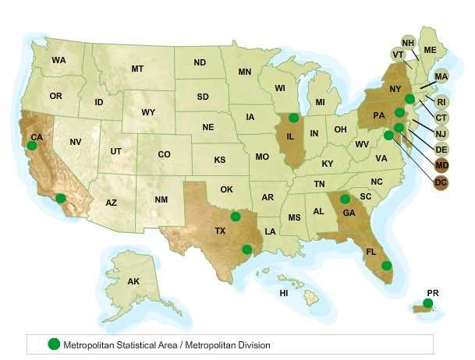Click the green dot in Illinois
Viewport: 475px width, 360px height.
click(x=294, y=118)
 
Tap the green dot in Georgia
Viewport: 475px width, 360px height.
click(x=345, y=199)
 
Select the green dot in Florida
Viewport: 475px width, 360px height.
click(x=386, y=265)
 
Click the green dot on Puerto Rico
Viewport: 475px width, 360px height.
click(x=427, y=303)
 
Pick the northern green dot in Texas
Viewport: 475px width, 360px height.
click(x=236, y=216)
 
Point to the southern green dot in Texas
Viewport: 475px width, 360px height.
click(x=246, y=249)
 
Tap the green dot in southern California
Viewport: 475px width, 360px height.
click(x=61, y=198)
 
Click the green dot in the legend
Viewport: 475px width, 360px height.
click(x=54, y=344)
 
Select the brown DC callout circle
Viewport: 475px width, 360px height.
click(x=441, y=182)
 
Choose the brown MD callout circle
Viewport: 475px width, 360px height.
click(x=441, y=165)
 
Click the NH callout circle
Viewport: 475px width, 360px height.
click(x=408, y=42)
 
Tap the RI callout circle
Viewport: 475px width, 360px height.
click(x=441, y=101)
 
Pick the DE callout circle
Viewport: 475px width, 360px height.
click(x=441, y=149)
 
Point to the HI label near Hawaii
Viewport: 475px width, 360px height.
click(x=284, y=293)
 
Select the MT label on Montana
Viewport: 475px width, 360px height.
click(x=137, y=69)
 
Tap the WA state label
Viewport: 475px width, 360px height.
click(x=58, y=60)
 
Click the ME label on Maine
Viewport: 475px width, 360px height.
click(x=430, y=50)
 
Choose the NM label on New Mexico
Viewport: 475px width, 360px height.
click(x=161, y=200)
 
